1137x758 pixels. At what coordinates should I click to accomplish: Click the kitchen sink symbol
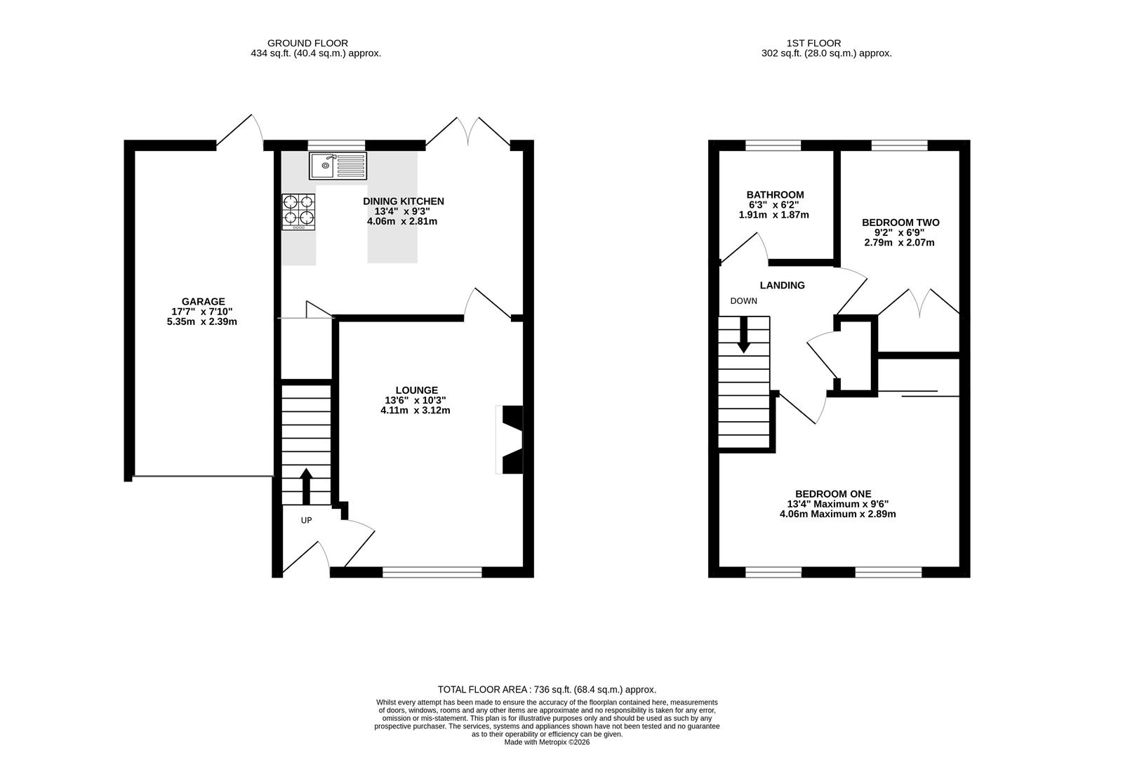pos(338,166)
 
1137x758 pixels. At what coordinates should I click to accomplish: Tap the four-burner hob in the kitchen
pos(298,212)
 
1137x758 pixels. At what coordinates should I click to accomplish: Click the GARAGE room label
pos(203,302)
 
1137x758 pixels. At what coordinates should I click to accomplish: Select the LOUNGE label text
pos(417,390)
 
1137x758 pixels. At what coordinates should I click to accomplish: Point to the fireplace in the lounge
pos(509,439)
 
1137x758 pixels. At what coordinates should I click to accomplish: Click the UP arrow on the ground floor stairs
pos(306,486)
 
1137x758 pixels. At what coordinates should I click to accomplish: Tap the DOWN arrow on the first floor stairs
pos(744,335)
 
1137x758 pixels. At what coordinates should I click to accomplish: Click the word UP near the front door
pos(306,520)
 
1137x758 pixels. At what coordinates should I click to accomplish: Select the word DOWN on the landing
pos(744,301)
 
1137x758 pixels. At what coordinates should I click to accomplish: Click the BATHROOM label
pos(775,195)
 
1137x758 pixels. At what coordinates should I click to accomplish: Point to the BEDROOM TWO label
pos(900,222)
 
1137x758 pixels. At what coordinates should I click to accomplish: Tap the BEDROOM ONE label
pos(833,493)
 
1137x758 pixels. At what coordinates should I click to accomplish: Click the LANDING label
pos(782,286)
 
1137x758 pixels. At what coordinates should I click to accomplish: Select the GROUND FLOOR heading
pos(307,44)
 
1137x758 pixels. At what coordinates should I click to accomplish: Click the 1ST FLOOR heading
pos(813,44)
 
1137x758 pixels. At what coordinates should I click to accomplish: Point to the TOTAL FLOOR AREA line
pos(547,689)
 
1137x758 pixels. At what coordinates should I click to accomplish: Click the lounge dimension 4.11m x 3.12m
pos(415,410)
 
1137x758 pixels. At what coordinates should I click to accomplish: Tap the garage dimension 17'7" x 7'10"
pos(202,312)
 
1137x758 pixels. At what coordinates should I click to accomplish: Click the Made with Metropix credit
pos(547,742)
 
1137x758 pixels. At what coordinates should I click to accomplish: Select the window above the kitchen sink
pos(336,145)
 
